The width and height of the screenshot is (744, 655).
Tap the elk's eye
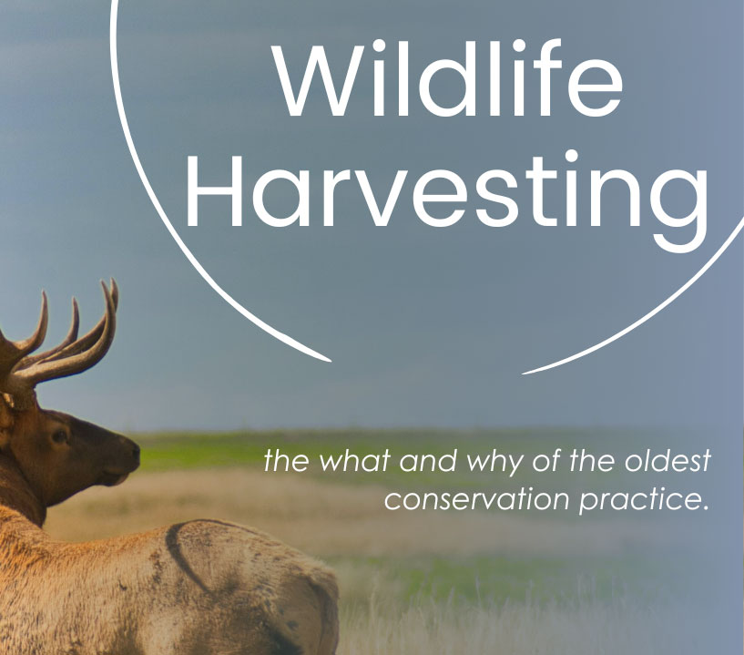(x=60, y=435)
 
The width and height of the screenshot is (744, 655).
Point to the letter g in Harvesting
(x=679, y=209)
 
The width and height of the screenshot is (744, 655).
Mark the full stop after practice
(x=703, y=507)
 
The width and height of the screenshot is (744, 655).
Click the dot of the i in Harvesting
(x=572, y=157)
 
